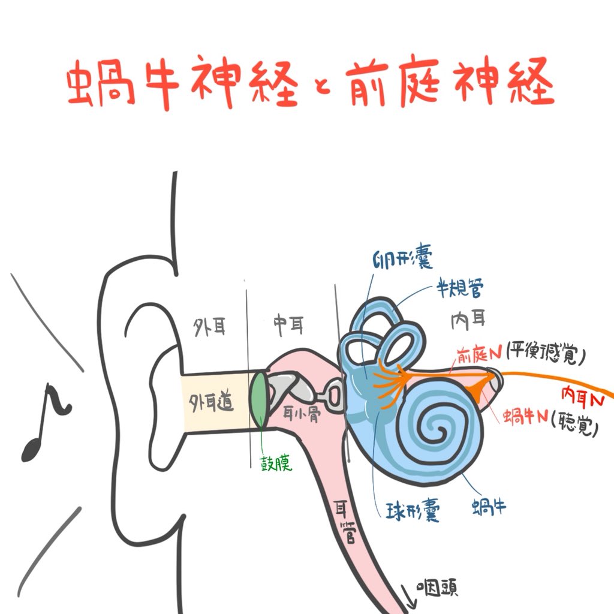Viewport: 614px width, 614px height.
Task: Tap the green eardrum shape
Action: coord(259,399)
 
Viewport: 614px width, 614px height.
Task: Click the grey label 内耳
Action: coord(468,321)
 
